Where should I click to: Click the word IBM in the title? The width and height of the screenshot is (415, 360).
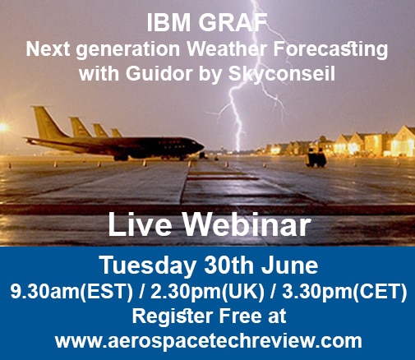[x=168, y=23]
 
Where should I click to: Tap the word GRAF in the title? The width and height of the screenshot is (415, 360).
[x=233, y=23]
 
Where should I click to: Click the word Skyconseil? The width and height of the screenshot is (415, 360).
[x=282, y=74]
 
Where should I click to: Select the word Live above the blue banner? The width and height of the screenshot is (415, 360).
[x=141, y=224]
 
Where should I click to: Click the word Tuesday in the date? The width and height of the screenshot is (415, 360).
[x=149, y=265]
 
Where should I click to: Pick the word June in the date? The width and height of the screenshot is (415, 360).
[x=289, y=265]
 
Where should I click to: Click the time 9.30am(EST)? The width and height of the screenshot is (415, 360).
[x=71, y=291]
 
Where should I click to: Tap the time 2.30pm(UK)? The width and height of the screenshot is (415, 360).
[x=207, y=291]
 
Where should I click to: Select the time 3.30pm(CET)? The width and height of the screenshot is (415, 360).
[x=344, y=291]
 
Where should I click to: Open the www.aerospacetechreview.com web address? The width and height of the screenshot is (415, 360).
[x=209, y=341]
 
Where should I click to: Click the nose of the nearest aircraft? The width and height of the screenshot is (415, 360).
[x=203, y=146]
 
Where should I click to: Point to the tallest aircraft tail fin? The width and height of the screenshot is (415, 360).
[x=48, y=122]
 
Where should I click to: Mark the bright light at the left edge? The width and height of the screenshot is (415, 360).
[x=2, y=127]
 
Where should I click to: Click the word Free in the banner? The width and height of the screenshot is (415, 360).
[x=238, y=316]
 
